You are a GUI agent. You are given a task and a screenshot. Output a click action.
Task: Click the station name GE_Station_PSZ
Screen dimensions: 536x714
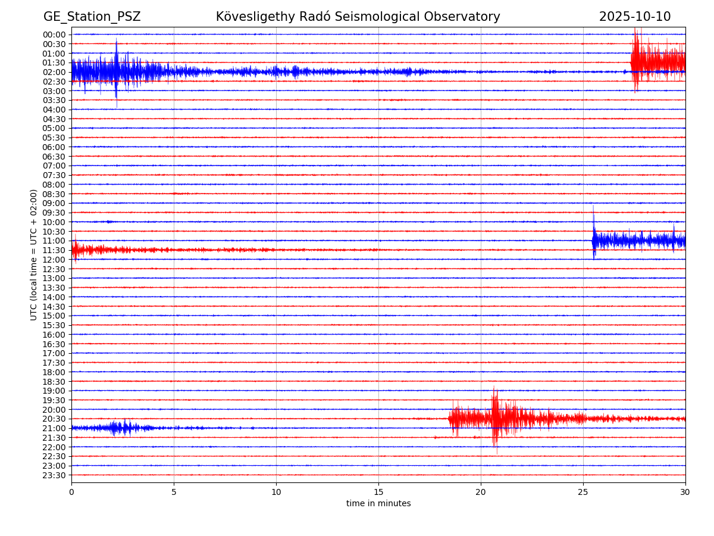click(x=92, y=17)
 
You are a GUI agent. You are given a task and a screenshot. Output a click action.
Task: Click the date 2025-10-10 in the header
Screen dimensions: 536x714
click(x=634, y=17)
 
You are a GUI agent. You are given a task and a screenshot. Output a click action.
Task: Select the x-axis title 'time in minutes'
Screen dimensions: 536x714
click(x=378, y=504)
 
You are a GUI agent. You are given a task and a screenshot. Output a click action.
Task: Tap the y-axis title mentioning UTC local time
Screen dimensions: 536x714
click(x=34, y=254)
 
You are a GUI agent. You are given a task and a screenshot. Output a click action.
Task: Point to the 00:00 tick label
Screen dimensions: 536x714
click(x=54, y=35)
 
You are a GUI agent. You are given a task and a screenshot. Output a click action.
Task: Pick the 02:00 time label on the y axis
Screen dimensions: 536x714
click(x=54, y=72)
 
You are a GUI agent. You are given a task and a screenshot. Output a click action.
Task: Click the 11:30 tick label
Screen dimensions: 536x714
click(x=54, y=250)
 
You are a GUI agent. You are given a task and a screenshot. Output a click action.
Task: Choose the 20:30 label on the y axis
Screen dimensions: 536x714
click(x=54, y=419)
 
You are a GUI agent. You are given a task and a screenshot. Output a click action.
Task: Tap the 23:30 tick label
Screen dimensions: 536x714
click(x=54, y=475)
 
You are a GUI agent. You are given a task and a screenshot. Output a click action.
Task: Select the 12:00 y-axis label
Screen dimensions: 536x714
click(x=54, y=260)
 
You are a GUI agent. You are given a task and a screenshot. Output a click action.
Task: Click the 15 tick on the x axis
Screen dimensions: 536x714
click(x=378, y=493)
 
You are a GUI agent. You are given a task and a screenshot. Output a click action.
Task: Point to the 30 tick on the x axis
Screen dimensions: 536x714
click(x=685, y=493)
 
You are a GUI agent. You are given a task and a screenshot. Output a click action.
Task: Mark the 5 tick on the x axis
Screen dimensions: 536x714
click(x=174, y=493)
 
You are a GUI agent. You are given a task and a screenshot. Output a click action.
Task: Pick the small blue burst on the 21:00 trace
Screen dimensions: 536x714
click(x=119, y=428)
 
